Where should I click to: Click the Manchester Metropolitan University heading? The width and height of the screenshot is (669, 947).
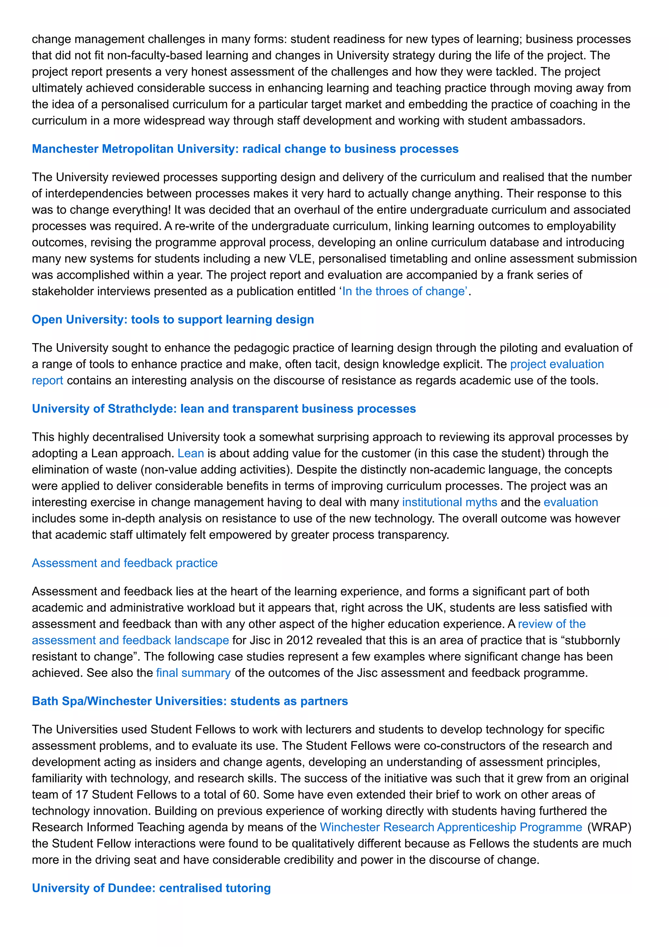245,149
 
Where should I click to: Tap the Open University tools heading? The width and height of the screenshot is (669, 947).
173,320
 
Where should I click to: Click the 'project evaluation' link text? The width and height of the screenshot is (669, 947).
557,364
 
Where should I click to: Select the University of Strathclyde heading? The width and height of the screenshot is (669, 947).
224,409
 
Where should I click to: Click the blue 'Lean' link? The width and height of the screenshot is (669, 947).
190,453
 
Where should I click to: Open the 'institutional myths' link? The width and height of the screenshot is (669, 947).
449,502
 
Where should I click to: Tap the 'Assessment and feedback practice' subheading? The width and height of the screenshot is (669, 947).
124,563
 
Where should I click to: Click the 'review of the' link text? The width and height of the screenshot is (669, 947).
551,624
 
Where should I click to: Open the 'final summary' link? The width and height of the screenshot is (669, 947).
193,673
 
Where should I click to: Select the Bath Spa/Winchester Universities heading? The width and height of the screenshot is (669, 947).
189,701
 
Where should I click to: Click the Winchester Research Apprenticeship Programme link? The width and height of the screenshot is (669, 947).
450,827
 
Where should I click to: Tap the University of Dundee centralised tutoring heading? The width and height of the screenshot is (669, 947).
151,888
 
